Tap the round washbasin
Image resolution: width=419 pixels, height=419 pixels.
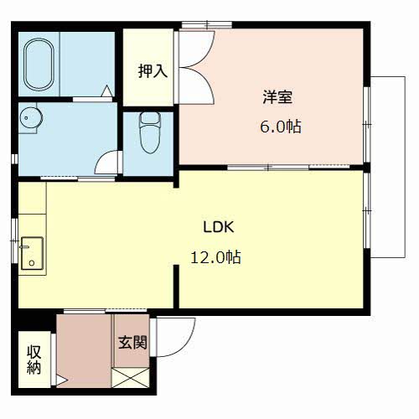click(x=30, y=119)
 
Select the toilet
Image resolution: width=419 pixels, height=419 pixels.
click(x=149, y=132)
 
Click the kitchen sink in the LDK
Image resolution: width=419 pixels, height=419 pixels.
click(x=33, y=252)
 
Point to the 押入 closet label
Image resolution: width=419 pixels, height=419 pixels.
click(x=153, y=70)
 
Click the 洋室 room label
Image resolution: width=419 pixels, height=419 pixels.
click(x=277, y=96)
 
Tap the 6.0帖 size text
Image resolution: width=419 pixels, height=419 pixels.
click(x=280, y=127)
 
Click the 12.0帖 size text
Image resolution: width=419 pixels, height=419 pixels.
click(x=216, y=257)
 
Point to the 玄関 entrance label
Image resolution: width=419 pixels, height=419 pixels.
click(x=132, y=342)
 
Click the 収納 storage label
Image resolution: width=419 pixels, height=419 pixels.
click(x=34, y=360)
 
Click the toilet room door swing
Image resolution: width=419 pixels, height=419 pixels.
click(x=107, y=161)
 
